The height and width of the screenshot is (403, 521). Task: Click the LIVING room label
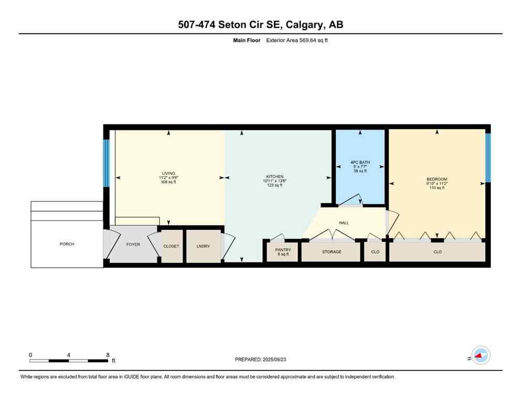168,173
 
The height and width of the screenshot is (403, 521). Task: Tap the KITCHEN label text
274,177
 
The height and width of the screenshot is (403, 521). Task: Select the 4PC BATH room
360,163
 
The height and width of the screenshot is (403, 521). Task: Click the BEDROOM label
437,179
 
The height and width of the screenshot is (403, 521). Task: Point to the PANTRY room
283,250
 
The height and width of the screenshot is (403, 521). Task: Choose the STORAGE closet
332,252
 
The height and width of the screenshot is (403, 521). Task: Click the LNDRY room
203,246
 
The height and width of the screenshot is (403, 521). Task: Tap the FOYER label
133,245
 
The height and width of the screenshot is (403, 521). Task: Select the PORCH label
67,244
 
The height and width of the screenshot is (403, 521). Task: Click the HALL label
344,223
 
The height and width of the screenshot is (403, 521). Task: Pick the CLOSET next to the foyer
171,246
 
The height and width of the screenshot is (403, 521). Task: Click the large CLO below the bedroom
438,252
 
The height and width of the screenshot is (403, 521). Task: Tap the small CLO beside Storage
375,252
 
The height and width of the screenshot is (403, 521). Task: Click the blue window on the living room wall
106,163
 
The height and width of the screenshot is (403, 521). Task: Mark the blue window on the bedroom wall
487,157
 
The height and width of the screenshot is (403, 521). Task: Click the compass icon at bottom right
480,356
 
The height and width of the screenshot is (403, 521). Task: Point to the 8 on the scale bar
108,355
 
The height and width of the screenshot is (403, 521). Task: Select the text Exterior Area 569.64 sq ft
297,40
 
